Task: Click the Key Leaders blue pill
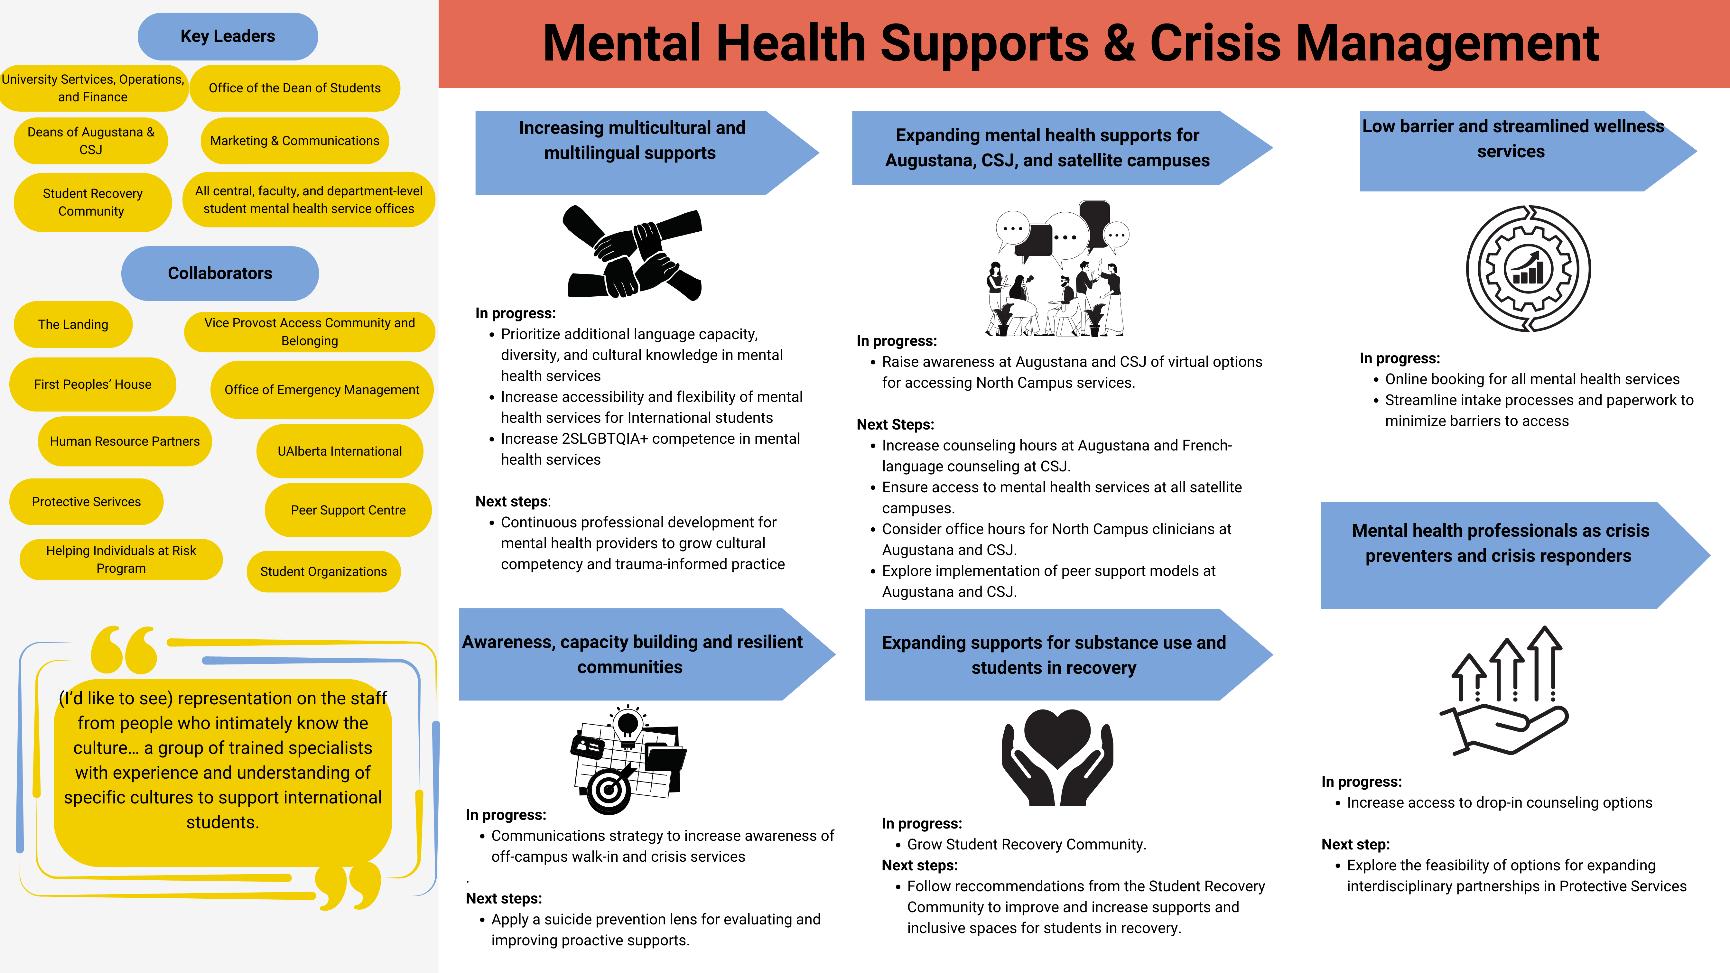click(228, 36)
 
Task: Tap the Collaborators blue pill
click(219, 273)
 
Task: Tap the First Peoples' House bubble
click(93, 384)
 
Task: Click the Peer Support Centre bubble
click(348, 510)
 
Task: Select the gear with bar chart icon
click(1528, 269)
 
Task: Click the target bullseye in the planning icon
click(609, 790)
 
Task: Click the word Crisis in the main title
click(1215, 44)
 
